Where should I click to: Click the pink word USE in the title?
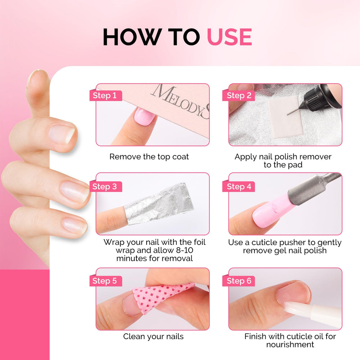(x=229, y=37)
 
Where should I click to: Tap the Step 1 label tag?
(x=105, y=95)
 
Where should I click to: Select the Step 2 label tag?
(x=239, y=95)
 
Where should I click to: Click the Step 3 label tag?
(x=105, y=186)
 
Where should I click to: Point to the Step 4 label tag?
(x=239, y=186)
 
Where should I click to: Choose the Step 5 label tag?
(x=105, y=281)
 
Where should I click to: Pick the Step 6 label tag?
(x=239, y=281)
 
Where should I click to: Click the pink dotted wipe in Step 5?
(x=161, y=296)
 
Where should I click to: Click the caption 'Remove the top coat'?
(x=149, y=157)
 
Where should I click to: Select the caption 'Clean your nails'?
(x=153, y=337)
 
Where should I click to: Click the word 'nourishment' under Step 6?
(x=290, y=345)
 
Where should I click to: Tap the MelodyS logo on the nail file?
(x=180, y=101)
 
